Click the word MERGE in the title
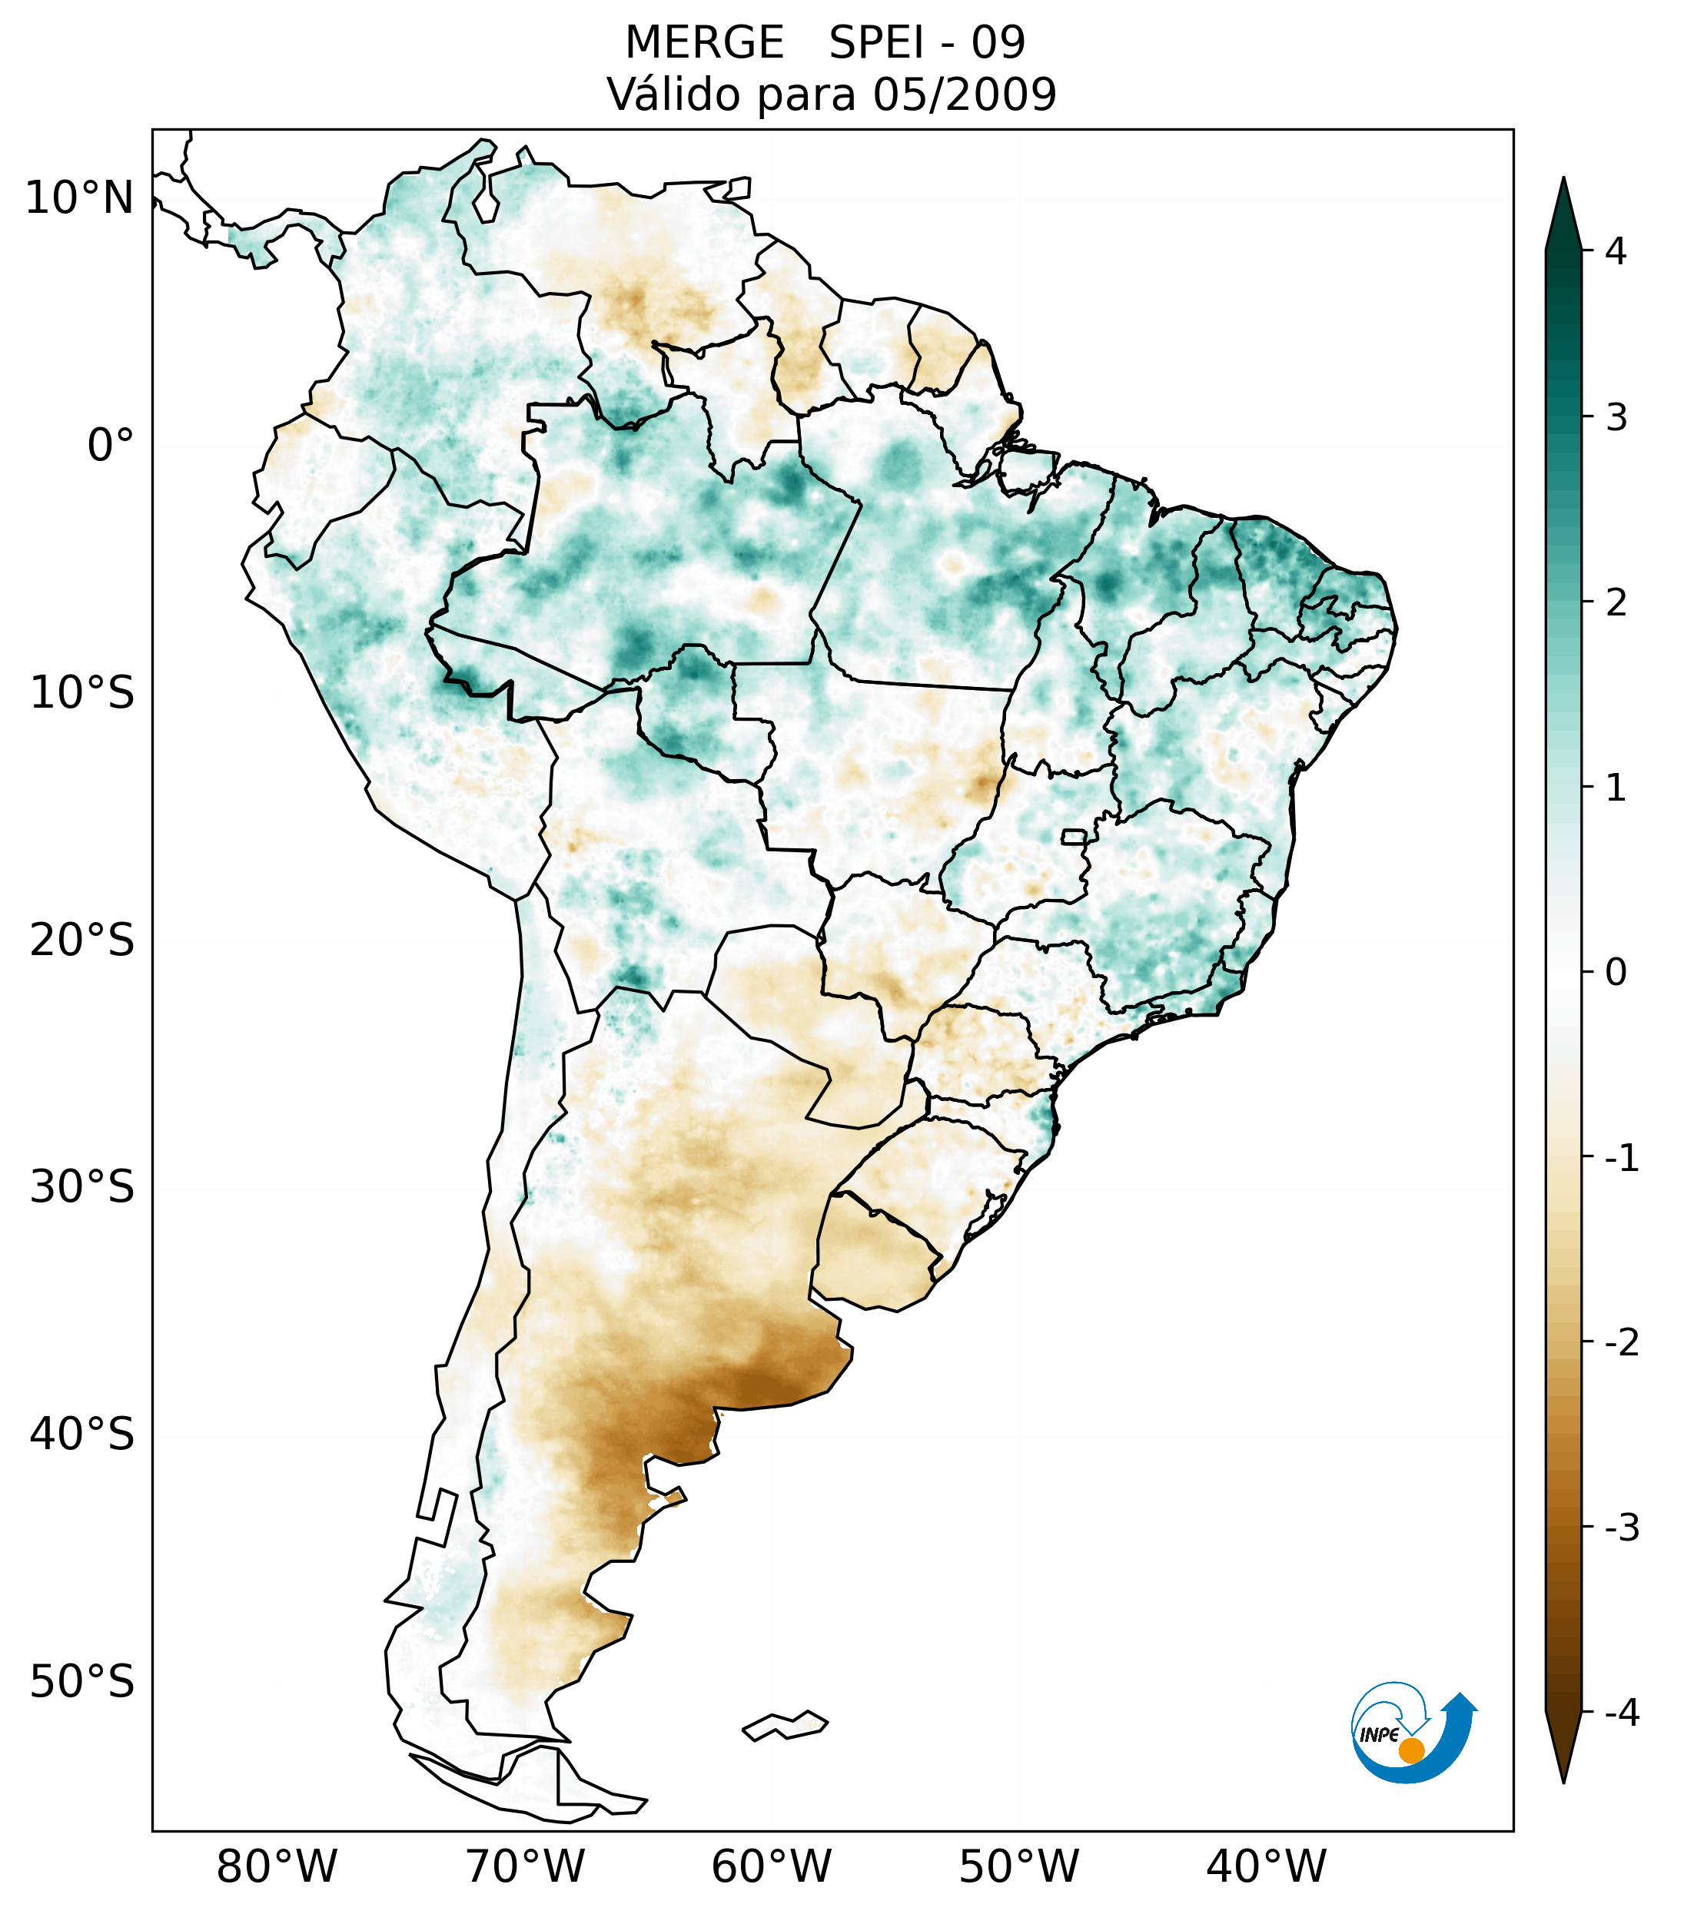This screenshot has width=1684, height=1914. pos(704,43)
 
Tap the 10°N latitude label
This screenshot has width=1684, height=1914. pos(78,198)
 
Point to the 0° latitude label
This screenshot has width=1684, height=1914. pos(111,445)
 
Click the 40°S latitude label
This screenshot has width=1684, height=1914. pos(82,1434)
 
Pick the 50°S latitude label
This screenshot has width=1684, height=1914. pos(82,1682)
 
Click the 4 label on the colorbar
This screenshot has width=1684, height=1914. pos(1616,251)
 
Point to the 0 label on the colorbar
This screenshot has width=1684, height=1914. pos(1616,972)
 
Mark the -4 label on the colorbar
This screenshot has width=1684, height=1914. pos(1621,1713)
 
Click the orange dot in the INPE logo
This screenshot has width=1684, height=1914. pos(1411,1750)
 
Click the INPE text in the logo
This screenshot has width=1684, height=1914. pos(1379,1734)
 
